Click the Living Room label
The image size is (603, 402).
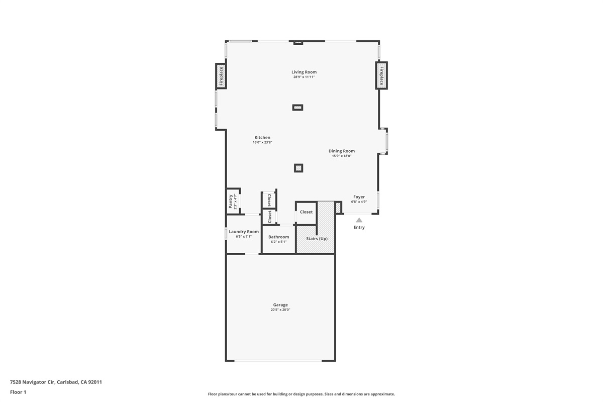click(304, 72)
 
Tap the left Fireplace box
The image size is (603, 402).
click(221, 76)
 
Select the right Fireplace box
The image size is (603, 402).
click(381, 75)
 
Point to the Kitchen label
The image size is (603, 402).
click(262, 137)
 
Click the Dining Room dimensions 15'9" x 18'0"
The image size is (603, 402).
click(341, 156)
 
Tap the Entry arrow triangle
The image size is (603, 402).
click(359, 220)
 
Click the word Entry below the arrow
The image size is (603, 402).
click(359, 228)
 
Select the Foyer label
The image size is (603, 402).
click(359, 197)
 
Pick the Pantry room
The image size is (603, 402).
click(233, 201)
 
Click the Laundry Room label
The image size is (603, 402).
click(244, 232)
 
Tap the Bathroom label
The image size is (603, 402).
click(278, 237)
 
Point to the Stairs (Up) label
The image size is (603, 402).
click(317, 238)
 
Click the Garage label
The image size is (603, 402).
click(280, 305)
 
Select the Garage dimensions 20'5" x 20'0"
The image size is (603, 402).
click(280, 310)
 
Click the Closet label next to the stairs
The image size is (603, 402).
click(306, 212)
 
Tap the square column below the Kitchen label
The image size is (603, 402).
click(298, 168)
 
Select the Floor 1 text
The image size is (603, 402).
click(18, 392)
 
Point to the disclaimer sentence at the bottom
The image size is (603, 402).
click(301, 394)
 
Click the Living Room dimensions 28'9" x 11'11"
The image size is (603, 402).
click(304, 77)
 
